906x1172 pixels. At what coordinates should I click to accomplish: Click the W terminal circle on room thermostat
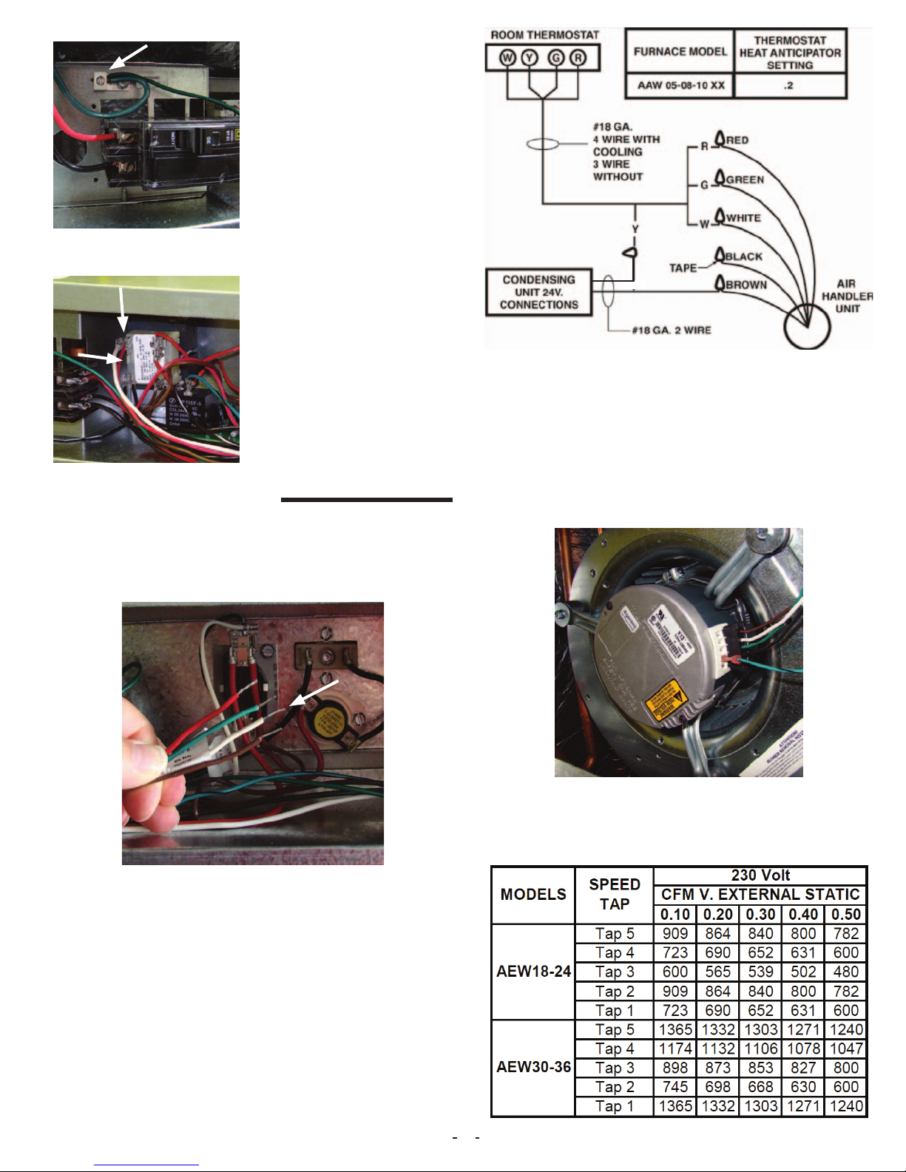(x=507, y=58)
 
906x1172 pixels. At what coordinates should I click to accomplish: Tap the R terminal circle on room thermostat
(x=578, y=58)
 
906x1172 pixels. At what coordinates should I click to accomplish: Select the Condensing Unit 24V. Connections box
(x=538, y=292)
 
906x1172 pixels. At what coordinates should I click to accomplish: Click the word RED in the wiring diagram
(x=737, y=140)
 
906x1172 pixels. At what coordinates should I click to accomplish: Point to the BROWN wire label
(x=746, y=285)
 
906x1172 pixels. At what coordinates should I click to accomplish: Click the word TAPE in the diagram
(x=683, y=268)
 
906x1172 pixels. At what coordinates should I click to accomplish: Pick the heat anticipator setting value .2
(x=789, y=86)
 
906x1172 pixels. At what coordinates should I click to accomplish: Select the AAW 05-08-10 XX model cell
(x=680, y=86)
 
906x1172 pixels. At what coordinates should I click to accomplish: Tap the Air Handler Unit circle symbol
(x=807, y=325)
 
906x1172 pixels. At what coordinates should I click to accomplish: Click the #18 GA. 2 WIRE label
(x=671, y=331)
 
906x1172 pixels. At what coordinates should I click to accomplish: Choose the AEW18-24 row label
(x=533, y=972)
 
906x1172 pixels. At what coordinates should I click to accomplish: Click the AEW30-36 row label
(x=533, y=1067)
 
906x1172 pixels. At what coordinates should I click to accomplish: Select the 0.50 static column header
(x=845, y=914)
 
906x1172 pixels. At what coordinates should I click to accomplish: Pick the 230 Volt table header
(x=760, y=875)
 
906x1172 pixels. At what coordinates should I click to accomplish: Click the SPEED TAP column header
(x=614, y=894)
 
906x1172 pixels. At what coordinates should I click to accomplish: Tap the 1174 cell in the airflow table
(x=675, y=1049)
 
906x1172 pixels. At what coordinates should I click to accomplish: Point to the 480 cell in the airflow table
(x=845, y=972)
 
